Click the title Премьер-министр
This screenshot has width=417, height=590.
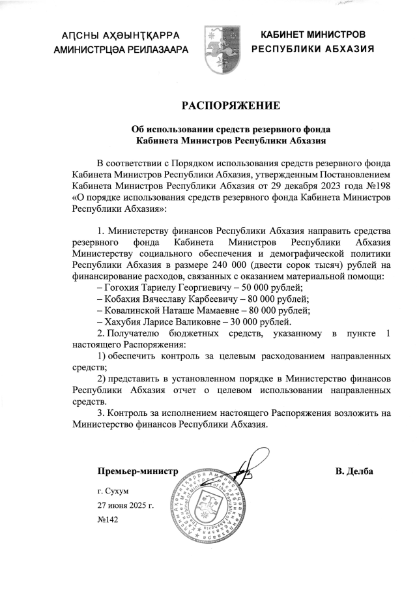[137, 471]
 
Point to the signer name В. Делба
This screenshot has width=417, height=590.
[354, 471]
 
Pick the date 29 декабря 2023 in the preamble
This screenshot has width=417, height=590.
[310, 186]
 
